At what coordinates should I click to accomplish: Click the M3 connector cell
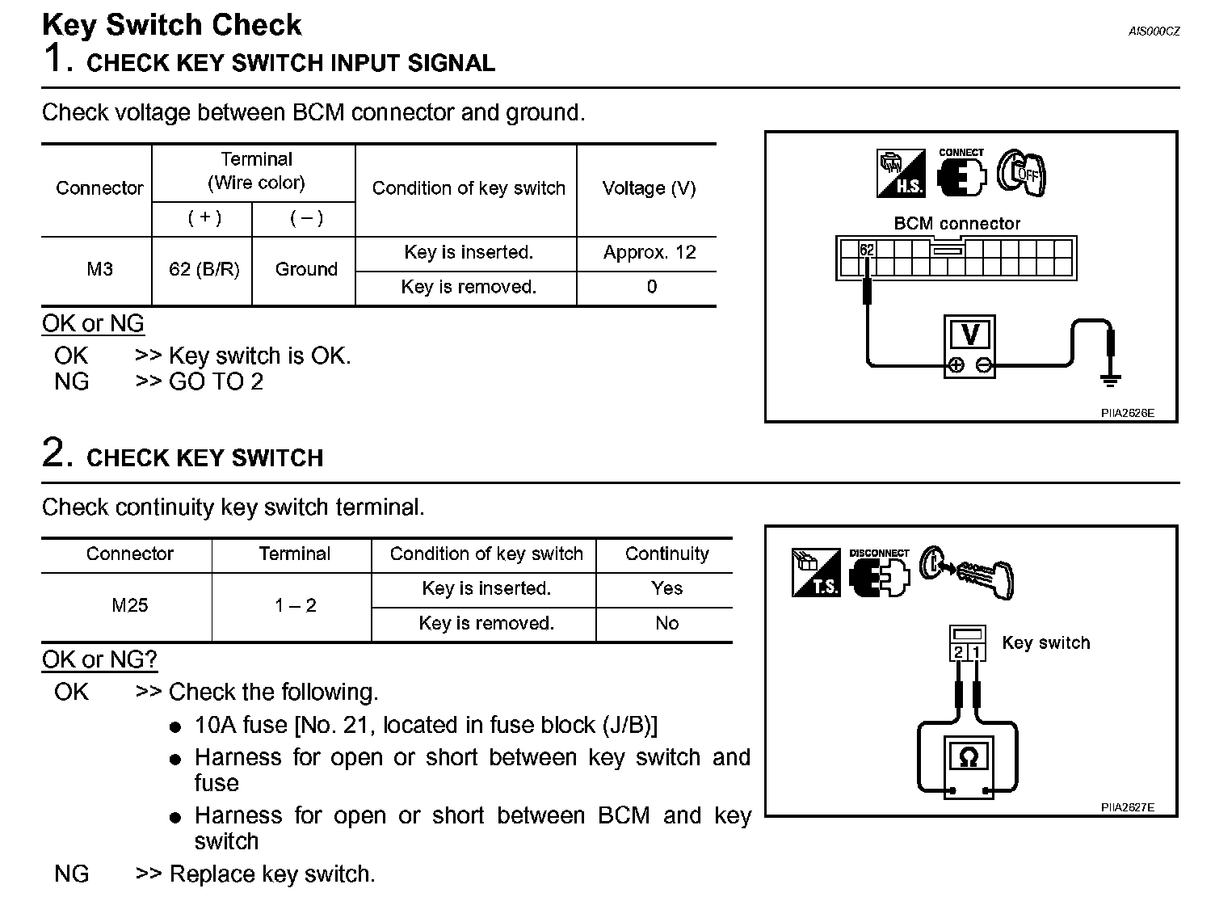(x=99, y=269)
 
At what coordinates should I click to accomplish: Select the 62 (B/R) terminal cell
(x=204, y=269)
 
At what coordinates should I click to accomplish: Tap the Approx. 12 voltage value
(x=649, y=252)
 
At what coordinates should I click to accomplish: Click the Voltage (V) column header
(x=649, y=188)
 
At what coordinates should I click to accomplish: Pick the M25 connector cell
(x=129, y=605)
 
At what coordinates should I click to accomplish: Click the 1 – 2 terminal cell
(x=295, y=605)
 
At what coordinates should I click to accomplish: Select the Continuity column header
(x=666, y=554)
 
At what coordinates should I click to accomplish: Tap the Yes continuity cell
(x=666, y=588)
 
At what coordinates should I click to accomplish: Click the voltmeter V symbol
(x=970, y=335)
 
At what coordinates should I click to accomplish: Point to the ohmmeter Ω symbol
(x=967, y=757)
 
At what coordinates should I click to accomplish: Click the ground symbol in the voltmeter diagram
(x=1111, y=378)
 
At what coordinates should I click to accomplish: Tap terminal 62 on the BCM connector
(x=866, y=251)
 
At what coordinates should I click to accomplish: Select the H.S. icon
(x=900, y=173)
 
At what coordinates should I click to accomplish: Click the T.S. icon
(x=816, y=573)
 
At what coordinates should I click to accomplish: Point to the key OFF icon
(x=1021, y=172)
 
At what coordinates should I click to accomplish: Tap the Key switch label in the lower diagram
(x=1045, y=643)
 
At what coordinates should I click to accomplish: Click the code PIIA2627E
(x=1127, y=807)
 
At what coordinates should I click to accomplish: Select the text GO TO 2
(x=216, y=381)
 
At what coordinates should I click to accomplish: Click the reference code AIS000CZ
(x=1154, y=32)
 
